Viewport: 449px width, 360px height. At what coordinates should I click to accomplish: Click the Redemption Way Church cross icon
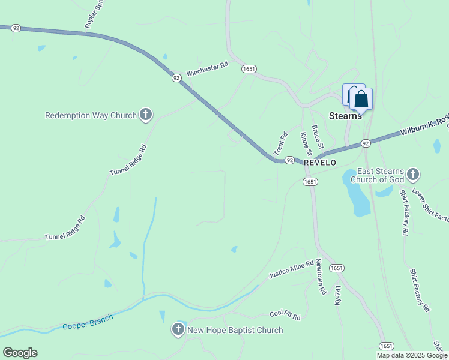click(145, 115)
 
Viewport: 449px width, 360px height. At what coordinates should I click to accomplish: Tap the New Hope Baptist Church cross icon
click(178, 329)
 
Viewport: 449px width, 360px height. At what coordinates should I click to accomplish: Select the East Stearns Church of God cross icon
click(412, 175)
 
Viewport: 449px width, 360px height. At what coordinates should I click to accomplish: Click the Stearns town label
click(346, 116)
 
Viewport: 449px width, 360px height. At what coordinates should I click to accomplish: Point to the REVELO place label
click(320, 163)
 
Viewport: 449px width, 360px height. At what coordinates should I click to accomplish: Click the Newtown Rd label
click(321, 277)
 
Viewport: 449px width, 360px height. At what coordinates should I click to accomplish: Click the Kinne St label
click(304, 143)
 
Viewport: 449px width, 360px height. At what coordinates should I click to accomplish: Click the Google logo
click(20, 353)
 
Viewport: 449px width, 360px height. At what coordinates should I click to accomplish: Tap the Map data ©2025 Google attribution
click(412, 355)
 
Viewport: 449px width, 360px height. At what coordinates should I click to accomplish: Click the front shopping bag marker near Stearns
click(361, 100)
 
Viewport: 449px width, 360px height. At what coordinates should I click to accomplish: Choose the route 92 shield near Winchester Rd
click(176, 78)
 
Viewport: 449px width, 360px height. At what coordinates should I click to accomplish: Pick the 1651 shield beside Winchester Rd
click(249, 70)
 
